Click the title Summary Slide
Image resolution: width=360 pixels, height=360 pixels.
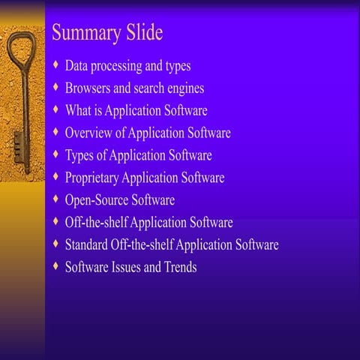[106, 34]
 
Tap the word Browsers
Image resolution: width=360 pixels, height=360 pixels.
[89, 88]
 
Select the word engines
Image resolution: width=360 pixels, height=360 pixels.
[184, 88]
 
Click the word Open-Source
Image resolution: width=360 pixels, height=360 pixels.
[97, 200]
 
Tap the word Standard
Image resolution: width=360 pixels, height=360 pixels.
[88, 244]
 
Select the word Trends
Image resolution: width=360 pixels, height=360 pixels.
[179, 267]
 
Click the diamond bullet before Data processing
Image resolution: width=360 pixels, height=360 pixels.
[55, 65]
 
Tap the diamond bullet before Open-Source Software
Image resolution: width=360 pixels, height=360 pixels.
[55, 199]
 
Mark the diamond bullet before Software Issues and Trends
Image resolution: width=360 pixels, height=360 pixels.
[55, 266]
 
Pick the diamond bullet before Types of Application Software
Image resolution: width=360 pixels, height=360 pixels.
[55, 154]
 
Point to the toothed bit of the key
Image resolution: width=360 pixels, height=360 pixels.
[17, 142]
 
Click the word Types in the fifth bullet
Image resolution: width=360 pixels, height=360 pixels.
[79, 156]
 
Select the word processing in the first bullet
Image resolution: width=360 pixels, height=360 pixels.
[124, 67]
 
